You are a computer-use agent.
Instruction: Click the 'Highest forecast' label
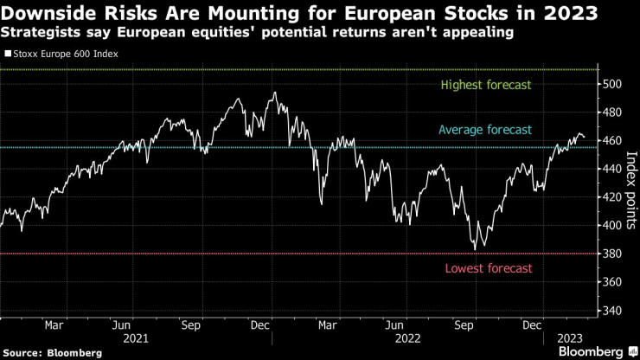click(485, 85)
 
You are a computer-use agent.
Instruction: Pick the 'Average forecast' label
click(485, 130)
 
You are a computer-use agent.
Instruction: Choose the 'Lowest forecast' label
click(487, 268)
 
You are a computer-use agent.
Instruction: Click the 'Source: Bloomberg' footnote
click(53, 352)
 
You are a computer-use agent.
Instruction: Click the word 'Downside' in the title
click(47, 13)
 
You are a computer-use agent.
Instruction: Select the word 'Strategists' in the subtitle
click(40, 33)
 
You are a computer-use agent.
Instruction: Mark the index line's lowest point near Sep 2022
click(475, 248)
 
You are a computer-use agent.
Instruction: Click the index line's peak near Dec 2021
click(274, 93)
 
